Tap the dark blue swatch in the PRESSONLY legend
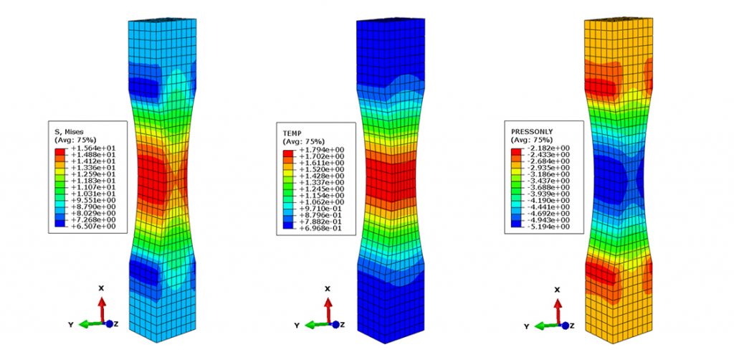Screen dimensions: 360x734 click(515, 224)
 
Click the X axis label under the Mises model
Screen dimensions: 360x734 click(102, 288)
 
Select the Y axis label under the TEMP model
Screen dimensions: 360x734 click(297, 325)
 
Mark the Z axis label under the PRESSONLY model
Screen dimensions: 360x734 click(574, 325)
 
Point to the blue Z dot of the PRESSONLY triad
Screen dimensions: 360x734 click(563, 325)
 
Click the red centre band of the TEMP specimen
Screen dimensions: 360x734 click(387, 172)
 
